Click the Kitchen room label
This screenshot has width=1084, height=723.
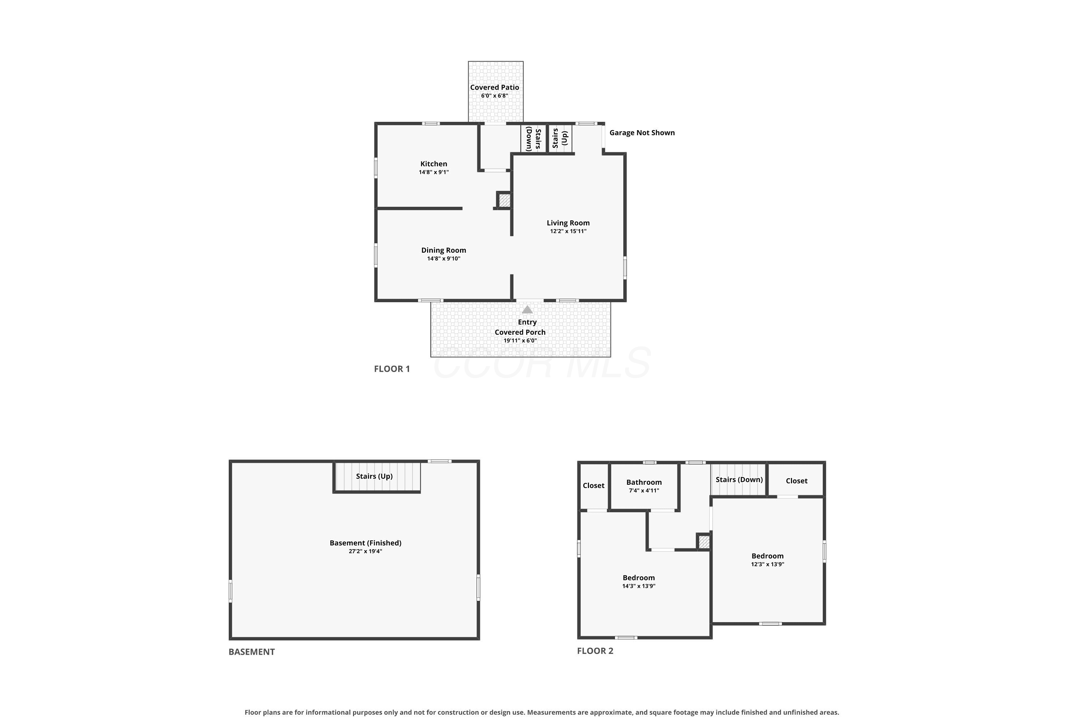pos(434,164)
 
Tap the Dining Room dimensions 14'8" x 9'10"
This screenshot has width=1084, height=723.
pos(443,259)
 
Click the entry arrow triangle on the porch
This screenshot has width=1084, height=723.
pos(527,309)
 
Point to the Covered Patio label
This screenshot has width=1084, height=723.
pos(495,87)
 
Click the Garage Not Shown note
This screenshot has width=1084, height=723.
pos(642,133)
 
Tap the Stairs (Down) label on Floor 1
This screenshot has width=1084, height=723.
pos(533,138)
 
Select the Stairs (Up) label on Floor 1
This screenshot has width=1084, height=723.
pos(560,138)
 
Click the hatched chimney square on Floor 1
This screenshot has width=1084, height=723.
pos(504,201)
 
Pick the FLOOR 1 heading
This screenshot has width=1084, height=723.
pos(392,369)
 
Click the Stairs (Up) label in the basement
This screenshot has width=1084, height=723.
pos(374,476)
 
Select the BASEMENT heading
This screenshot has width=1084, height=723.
pos(251,652)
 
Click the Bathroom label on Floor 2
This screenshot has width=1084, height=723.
pos(644,482)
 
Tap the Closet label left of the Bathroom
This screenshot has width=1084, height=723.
pos(594,485)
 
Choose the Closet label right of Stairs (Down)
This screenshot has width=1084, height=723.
pos(796,481)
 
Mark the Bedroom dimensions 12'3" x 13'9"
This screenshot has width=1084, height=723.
pos(767,564)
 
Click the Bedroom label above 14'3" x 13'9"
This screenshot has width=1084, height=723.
pos(638,578)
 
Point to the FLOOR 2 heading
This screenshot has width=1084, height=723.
pos(595,651)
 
